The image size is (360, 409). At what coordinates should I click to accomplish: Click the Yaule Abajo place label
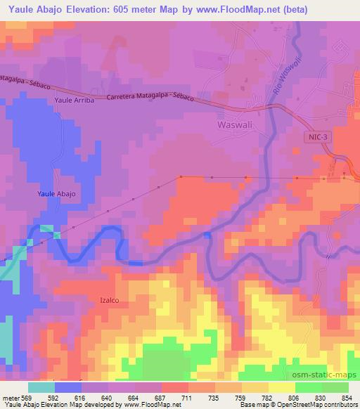tap(56, 193)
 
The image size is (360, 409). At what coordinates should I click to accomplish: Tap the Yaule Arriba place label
tap(71, 100)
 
